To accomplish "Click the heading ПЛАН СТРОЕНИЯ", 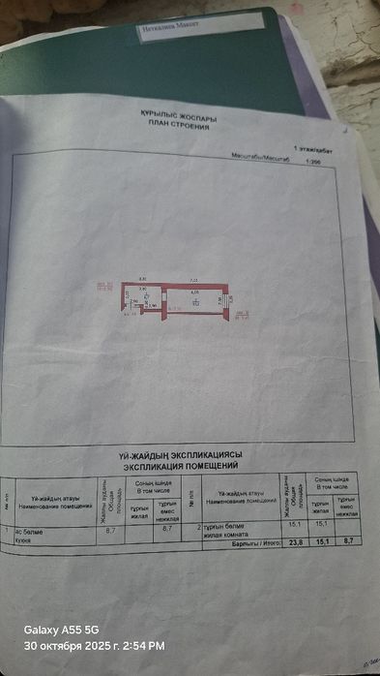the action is (x=179, y=125).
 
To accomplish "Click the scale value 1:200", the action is (x=311, y=162).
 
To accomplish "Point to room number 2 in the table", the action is (x=198, y=527).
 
